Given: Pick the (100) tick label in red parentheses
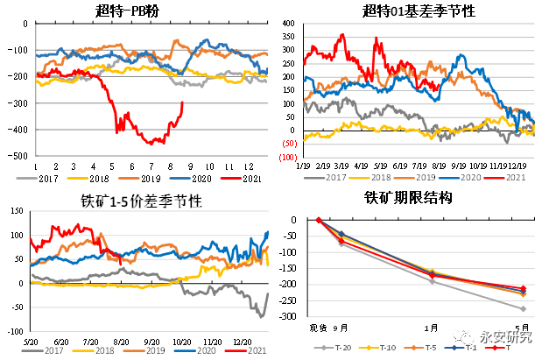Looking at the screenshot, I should pos(288,158).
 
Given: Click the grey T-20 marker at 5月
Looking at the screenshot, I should pos(523,308).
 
